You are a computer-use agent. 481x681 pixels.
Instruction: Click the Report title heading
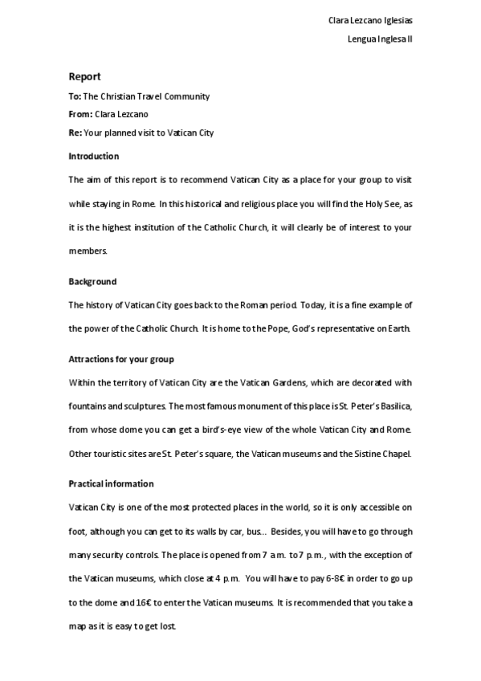pos(84,77)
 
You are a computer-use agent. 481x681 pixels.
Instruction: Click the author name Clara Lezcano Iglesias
pos(372,20)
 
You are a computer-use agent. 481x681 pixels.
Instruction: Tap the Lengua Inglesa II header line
pos(381,39)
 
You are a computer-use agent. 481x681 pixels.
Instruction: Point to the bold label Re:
pos(75,133)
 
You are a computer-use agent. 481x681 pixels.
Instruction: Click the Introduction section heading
pos(94,156)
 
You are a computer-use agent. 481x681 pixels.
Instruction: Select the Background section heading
pos(92,282)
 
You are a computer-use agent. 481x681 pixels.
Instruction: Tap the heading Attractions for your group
pos(121,359)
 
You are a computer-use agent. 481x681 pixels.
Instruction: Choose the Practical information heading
pos(112,484)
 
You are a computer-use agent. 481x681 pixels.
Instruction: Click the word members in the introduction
pos(87,251)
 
